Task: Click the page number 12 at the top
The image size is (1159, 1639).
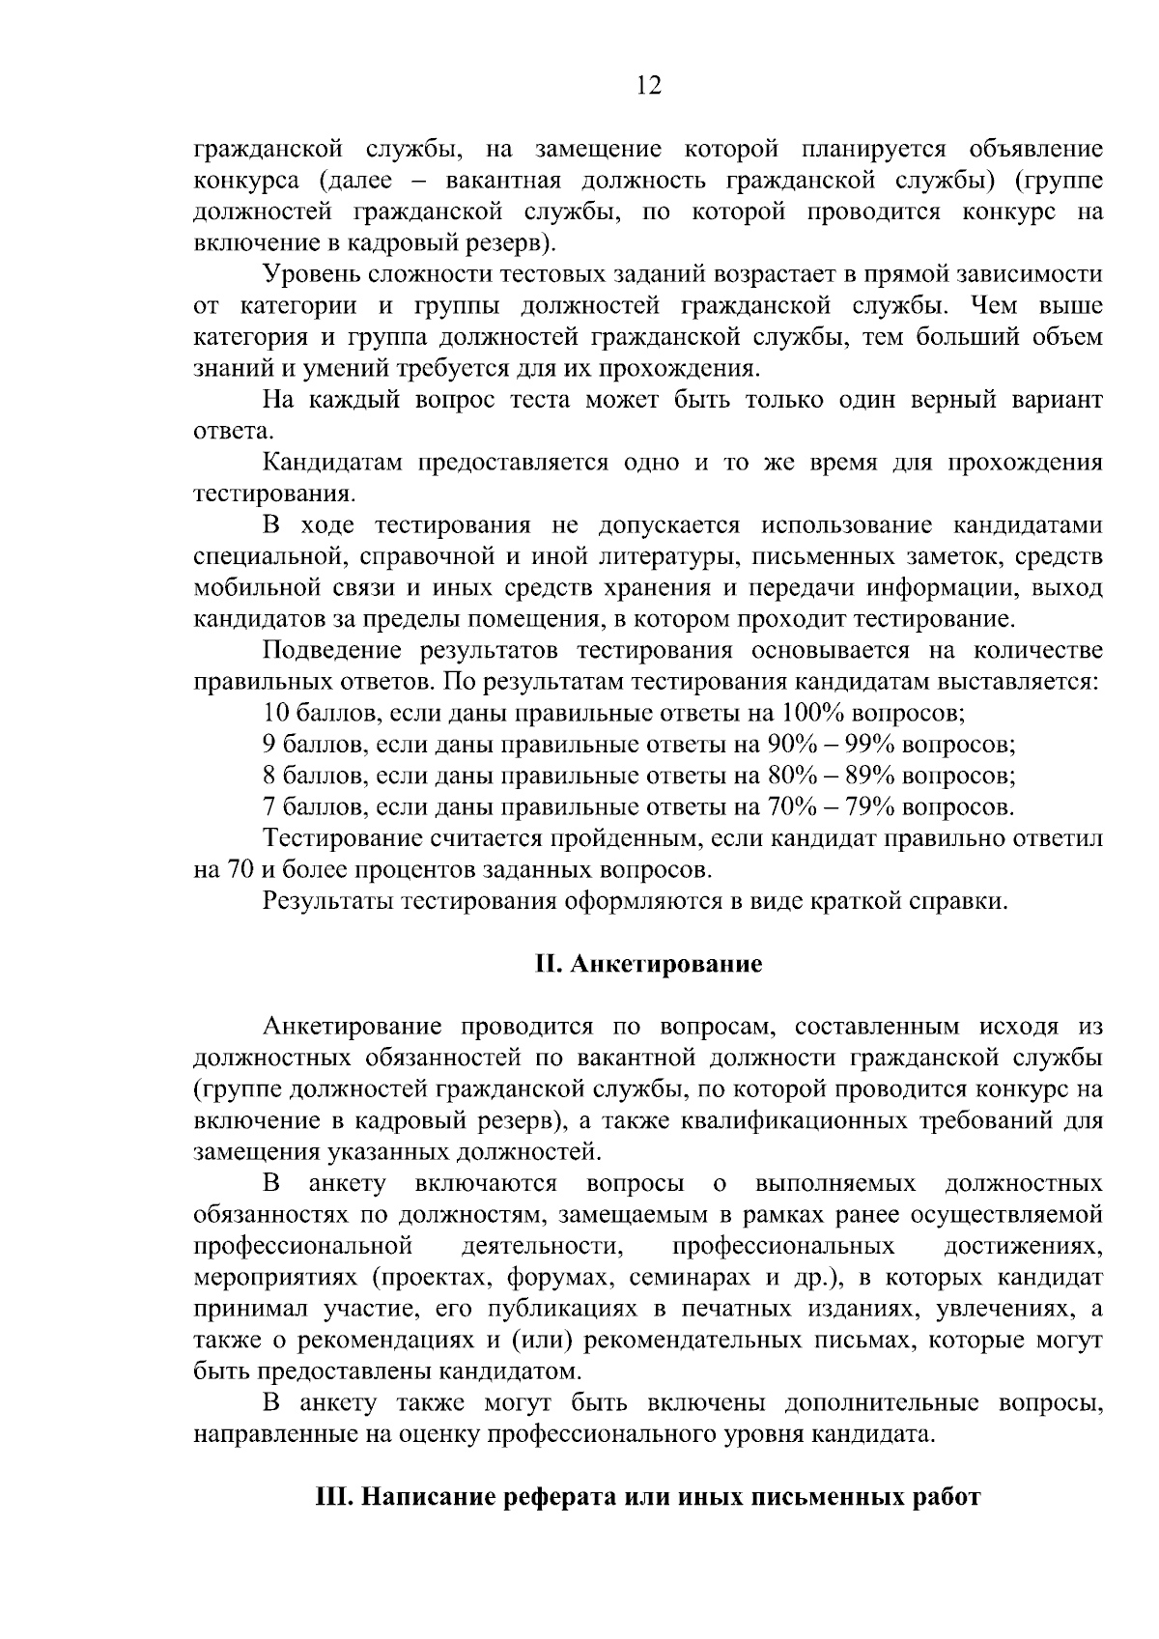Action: coord(649,87)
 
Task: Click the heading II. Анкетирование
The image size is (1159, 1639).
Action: coord(648,965)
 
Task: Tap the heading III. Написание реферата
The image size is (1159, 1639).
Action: coord(648,1498)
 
